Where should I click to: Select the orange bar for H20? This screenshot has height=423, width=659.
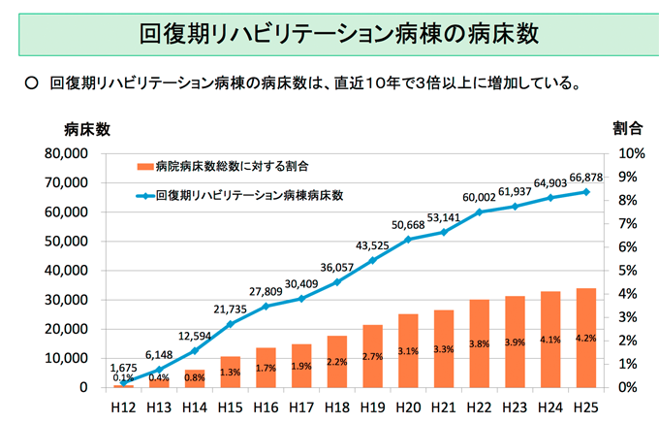(x=407, y=350)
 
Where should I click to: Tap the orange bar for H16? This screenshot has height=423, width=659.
(x=266, y=367)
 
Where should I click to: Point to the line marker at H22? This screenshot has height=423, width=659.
(x=479, y=211)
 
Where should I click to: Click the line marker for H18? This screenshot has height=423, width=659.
(x=336, y=282)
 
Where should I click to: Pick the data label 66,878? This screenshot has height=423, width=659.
(x=584, y=177)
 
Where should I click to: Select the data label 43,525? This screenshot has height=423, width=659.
(x=372, y=244)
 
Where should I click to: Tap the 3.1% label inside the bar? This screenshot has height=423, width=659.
(x=407, y=351)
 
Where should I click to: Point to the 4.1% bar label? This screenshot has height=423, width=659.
(x=549, y=340)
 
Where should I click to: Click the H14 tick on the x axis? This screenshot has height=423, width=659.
(x=195, y=406)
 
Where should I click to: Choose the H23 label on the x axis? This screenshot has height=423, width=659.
(x=514, y=406)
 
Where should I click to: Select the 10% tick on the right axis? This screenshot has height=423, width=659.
(x=631, y=153)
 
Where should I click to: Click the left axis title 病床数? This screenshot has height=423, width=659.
(x=87, y=128)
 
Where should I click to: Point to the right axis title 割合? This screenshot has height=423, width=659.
(x=628, y=128)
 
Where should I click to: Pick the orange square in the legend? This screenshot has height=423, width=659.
(x=144, y=168)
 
